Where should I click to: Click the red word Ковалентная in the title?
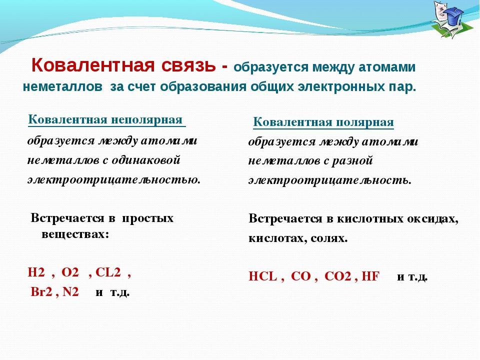click(93, 65)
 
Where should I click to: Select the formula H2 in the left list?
click(36, 272)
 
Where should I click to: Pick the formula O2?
click(70, 272)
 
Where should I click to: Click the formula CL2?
click(108, 272)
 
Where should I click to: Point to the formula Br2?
click(41, 291)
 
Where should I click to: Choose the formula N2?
click(70, 291)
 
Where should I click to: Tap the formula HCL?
click(262, 276)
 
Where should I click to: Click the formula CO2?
click(337, 276)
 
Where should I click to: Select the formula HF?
click(370, 276)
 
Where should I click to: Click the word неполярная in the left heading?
click(146, 119)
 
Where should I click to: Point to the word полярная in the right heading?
click(365, 122)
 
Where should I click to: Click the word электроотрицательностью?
click(114, 179)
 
